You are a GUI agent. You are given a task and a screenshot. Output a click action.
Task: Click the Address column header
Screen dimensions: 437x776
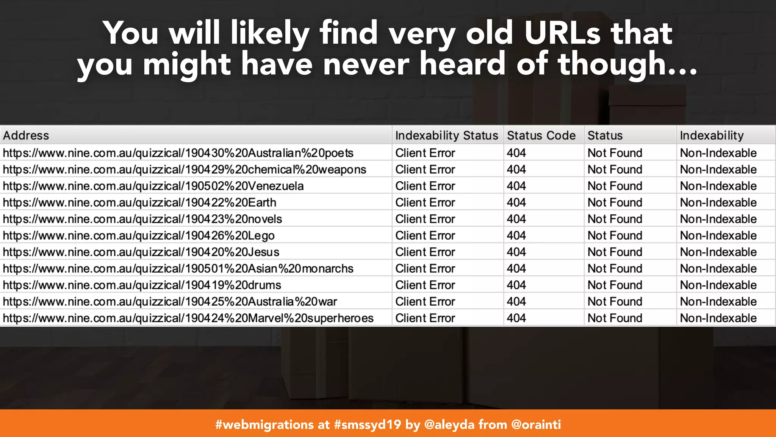[x=26, y=135]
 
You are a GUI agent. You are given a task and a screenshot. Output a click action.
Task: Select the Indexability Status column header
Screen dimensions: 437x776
[x=446, y=135]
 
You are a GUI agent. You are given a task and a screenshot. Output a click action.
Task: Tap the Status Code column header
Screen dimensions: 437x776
[x=541, y=135]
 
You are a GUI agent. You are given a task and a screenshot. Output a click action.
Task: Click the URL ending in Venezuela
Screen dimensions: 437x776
[x=153, y=186]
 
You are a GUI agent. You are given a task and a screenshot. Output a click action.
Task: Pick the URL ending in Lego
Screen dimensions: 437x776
[x=139, y=236]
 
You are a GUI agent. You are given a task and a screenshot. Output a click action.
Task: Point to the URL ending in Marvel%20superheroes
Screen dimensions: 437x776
[x=188, y=318]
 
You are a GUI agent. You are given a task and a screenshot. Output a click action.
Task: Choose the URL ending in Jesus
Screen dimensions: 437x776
[x=141, y=252]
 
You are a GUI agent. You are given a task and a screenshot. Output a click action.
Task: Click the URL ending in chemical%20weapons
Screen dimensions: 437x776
[x=185, y=170]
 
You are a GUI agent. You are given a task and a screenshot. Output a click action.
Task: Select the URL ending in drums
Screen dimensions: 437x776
[x=142, y=285]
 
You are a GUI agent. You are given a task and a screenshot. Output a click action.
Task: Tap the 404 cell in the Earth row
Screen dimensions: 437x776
[x=516, y=203]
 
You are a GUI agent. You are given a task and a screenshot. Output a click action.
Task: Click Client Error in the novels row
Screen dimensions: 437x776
[x=425, y=219]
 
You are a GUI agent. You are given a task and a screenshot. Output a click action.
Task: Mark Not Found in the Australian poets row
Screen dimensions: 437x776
[x=615, y=153]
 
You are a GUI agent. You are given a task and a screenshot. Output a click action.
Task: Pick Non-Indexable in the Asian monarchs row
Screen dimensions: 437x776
[x=718, y=269]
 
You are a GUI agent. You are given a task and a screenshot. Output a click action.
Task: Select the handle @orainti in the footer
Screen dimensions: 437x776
[x=536, y=424]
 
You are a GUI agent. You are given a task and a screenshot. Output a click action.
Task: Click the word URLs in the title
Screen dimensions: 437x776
[x=562, y=33]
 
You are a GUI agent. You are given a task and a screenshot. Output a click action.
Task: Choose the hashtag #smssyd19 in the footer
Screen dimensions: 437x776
[x=367, y=424]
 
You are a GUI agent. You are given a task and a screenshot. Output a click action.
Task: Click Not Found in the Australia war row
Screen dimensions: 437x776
[x=615, y=302]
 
